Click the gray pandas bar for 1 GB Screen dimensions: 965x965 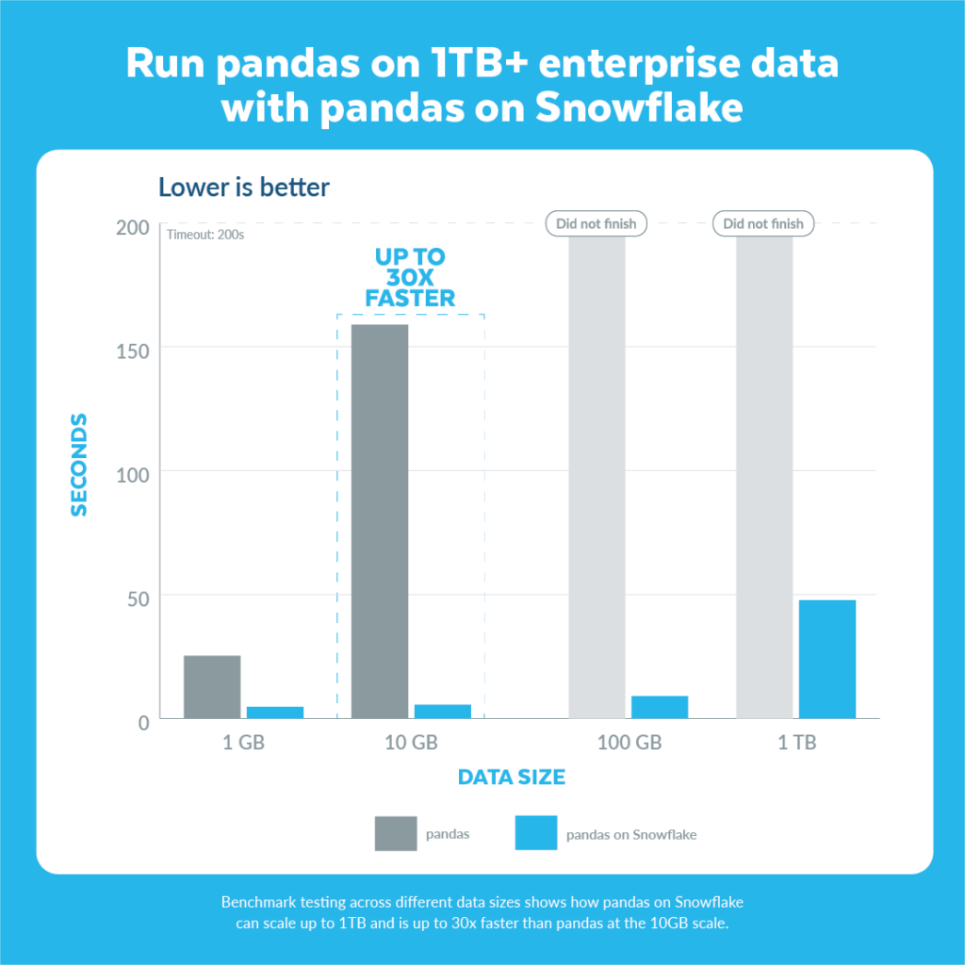click(212, 687)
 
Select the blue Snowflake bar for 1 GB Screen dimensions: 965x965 click(275, 712)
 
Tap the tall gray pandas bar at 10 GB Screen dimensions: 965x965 click(380, 521)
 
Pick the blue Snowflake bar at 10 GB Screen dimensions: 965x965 click(443, 711)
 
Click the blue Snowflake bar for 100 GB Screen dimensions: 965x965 click(660, 707)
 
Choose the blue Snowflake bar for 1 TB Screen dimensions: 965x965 click(827, 659)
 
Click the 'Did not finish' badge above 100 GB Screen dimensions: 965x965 click(597, 223)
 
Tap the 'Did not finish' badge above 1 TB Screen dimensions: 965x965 click(763, 223)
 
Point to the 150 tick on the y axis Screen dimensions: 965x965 click(133, 352)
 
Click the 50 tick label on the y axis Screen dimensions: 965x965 click(139, 598)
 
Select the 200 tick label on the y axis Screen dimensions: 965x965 click(133, 228)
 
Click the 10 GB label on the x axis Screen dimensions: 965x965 click(411, 743)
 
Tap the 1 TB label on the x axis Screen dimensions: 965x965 click(797, 743)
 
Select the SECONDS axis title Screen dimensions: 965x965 click(79, 465)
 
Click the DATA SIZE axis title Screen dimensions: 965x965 click(512, 777)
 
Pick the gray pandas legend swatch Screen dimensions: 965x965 click(396, 833)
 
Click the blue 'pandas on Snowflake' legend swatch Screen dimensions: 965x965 click(536, 833)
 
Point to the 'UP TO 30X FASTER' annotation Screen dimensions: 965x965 click(410, 278)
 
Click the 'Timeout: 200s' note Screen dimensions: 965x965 click(205, 235)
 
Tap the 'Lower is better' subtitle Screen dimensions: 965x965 click(244, 188)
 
